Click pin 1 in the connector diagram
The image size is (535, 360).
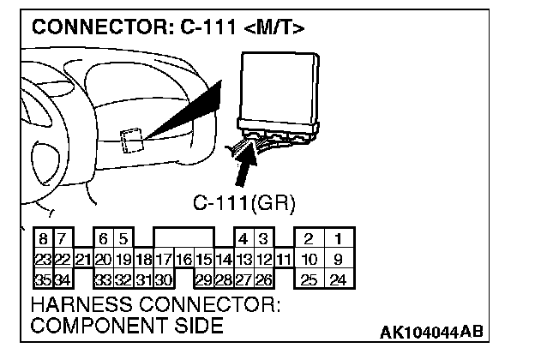pos(339,238)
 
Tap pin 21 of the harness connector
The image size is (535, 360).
pos(83,259)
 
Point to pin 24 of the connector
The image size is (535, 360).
pos(339,279)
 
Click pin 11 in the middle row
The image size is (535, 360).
pos(285,259)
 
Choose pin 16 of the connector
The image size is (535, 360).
pos(183,259)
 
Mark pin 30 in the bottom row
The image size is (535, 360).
pos(164,279)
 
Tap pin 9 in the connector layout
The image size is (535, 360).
pos(339,259)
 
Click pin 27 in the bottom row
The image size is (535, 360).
pos(244,279)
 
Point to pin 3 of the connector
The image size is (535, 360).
pos(264,238)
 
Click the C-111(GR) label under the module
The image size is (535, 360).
pos(244,203)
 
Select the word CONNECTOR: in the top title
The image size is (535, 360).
pos(91,27)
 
